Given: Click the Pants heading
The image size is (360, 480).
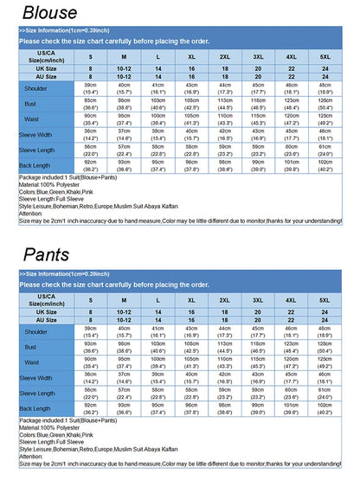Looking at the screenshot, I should coord(50,254).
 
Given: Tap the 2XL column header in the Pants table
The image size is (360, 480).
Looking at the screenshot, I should coord(224,299).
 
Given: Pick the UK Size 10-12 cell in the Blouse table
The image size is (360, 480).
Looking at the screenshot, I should coord(124,68).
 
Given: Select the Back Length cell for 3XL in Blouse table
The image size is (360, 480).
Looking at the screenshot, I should coord(258,165).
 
